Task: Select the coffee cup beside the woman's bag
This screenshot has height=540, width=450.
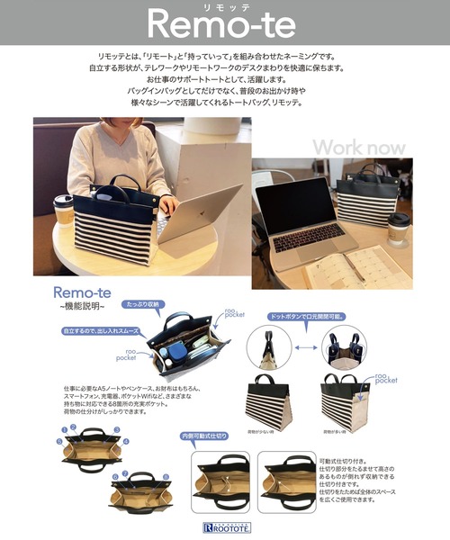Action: (63, 212)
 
